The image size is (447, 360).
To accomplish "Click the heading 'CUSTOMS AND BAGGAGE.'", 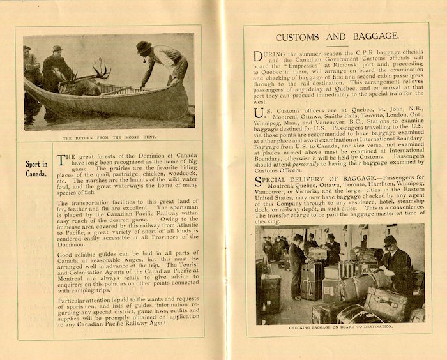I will [337, 36].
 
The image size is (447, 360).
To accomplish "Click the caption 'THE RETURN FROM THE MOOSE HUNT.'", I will [109, 137].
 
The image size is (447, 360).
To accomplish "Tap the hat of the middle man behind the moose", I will [56, 49].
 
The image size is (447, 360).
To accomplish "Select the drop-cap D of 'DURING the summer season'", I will [257, 57].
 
